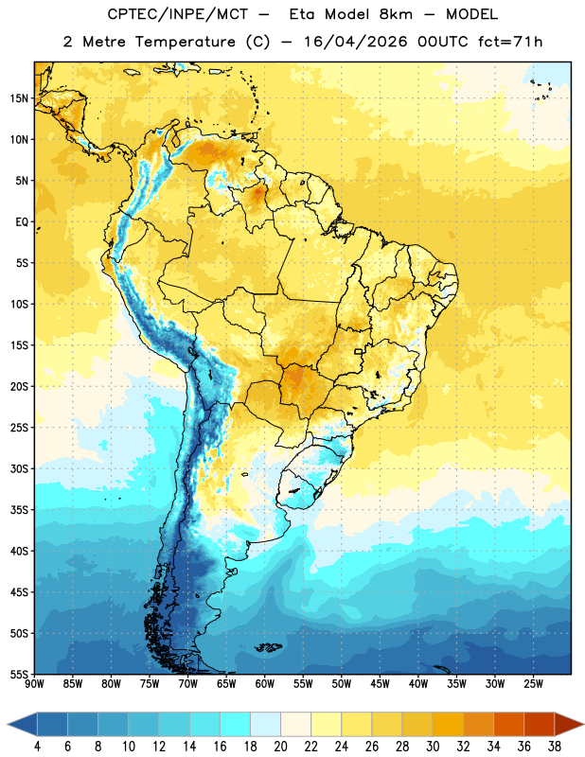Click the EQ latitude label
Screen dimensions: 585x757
pos(22,222)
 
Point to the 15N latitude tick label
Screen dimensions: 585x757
pos(19,98)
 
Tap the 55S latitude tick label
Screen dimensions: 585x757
pos(19,675)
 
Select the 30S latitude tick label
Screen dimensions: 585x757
pos(19,468)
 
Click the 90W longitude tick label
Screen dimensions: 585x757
pos(34,684)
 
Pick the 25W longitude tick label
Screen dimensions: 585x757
pos(533,684)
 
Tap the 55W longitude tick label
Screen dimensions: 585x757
pos(303,684)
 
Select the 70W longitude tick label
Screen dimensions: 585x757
pos(188,684)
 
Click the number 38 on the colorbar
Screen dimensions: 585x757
pos(555,747)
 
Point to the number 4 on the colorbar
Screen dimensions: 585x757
pos(37,747)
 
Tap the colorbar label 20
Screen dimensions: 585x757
pos(280,747)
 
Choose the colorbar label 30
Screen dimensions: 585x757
pos(433,747)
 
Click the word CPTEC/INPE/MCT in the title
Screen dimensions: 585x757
pos(177,14)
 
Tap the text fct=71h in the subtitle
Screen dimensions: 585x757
pos(510,42)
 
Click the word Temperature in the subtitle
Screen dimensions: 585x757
pos(185,42)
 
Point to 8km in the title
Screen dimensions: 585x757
pos(396,14)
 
